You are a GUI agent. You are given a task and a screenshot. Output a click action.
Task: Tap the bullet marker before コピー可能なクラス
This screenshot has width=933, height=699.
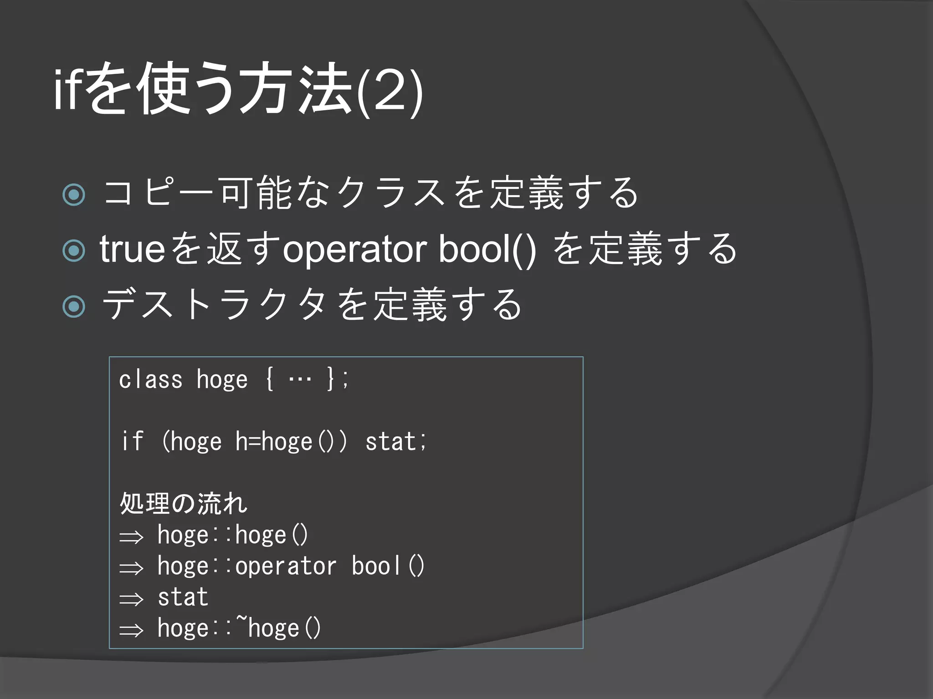tap(74, 194)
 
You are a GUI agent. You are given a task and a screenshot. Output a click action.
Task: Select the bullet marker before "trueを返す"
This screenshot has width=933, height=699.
tap(74, 250)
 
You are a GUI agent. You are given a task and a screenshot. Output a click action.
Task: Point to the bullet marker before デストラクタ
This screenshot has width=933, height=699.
tap(74, 306)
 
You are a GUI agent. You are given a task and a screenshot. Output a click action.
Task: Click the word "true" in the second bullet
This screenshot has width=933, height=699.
tap(132, 249)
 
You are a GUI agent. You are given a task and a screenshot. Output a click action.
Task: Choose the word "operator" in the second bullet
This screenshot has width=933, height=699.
tap(354, 250)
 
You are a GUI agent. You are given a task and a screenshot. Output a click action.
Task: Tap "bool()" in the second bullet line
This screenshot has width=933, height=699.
tap(487, 250)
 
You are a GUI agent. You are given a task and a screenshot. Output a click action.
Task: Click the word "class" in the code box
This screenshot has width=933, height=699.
tap(150, 380)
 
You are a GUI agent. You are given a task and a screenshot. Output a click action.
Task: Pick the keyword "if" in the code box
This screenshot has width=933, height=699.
tap(132, 441)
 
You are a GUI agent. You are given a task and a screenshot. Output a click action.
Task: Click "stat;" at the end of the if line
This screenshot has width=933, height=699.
tap(395, 441)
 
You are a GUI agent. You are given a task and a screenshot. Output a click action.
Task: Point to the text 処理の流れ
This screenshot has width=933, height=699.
tap(183, 503)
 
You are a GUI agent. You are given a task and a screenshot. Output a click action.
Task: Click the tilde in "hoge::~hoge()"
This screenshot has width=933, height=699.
tap(241, 620)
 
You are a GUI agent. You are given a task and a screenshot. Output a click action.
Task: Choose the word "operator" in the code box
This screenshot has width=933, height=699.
tap(286, 566)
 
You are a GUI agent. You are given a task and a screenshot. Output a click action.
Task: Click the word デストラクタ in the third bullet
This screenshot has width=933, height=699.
tap(214, 305)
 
